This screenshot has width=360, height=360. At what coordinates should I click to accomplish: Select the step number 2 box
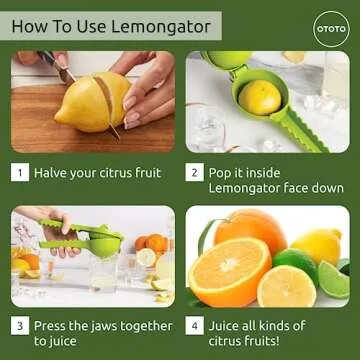(194, 172)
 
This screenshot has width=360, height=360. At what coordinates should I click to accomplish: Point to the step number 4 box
(194, 326)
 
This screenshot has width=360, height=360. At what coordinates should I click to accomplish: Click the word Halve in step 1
(53, 172)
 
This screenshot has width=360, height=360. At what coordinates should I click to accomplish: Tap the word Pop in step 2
(221, 172)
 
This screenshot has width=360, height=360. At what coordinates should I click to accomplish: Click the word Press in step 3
(54, 326)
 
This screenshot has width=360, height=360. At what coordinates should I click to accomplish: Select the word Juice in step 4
(226, 326)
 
